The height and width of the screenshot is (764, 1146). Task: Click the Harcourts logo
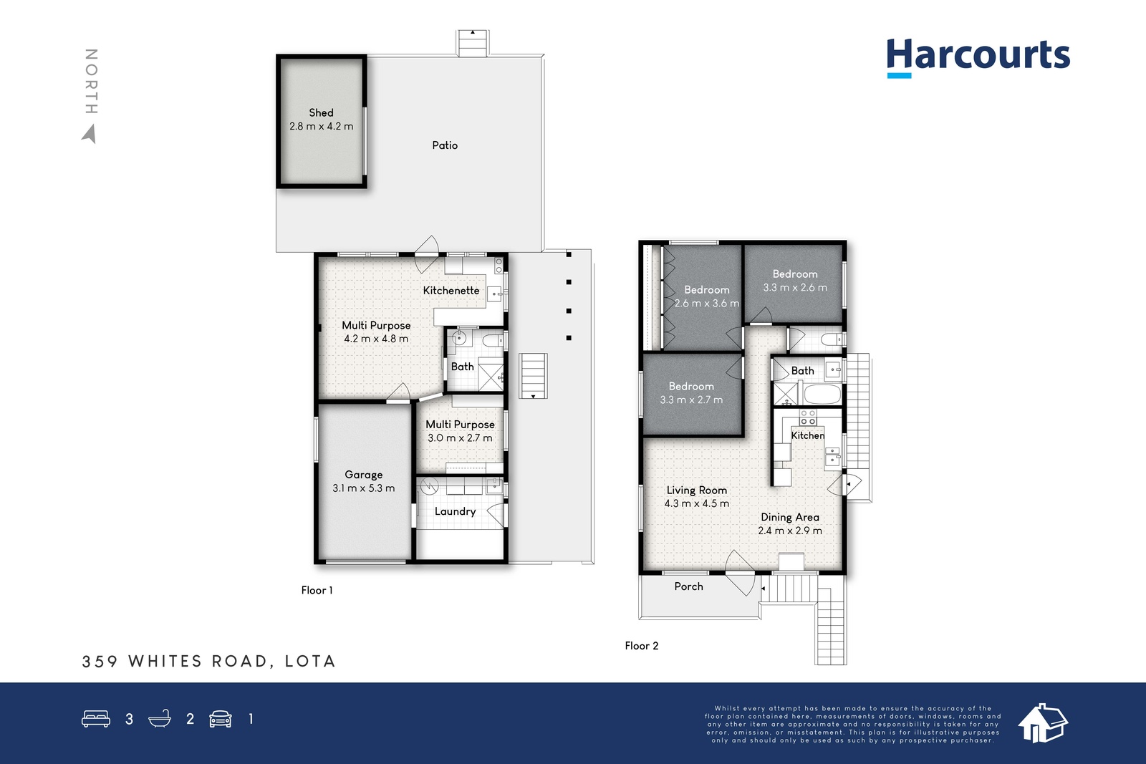point(978,58)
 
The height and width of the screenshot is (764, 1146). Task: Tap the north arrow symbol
point(90,134)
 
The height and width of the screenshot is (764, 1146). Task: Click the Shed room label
point(321,112)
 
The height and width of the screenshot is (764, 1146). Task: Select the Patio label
point(445,145)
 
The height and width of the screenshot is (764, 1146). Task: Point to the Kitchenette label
point(451,291)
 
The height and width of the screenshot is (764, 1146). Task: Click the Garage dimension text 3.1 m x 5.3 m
point(363,488)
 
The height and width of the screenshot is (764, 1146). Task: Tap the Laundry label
point(455,511)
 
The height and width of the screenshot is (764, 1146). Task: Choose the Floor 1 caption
point(317,590)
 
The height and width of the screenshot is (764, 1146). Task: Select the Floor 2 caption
point(642,646)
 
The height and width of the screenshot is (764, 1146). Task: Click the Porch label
point(688,586)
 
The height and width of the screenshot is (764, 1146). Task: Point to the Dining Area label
point(790,517)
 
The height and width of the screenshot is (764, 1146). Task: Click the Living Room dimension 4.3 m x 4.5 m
point(696,503)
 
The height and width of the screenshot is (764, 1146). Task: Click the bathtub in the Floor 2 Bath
point(822,395)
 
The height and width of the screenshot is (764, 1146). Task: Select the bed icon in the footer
point(96,718)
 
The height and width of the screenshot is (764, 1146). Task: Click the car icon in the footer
point(221,718)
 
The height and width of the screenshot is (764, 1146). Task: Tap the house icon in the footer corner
point(1042,723)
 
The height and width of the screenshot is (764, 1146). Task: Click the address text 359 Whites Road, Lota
point(208,661)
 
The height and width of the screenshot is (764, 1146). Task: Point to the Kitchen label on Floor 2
point(808,435)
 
